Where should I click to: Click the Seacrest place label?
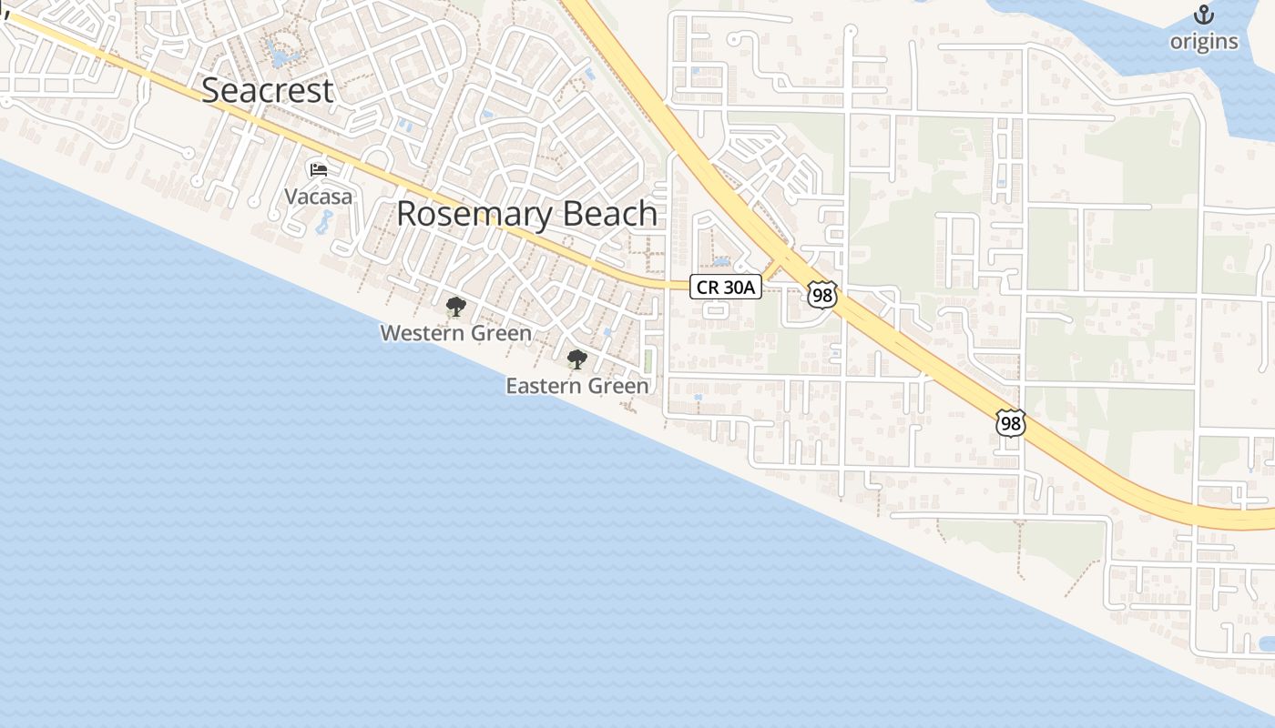tap(268, 91)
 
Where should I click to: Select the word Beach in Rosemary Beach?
tap(609, 214)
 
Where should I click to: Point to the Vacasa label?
tap(318, 196)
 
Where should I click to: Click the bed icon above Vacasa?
tap(318, 169)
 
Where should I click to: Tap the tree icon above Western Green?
tap(455, 307)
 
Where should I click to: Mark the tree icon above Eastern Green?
tap(576, 359)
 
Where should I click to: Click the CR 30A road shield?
tap(725, 288)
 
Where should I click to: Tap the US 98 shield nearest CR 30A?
tap(821, 294)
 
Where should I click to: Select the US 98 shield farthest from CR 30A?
tap(1011, 423)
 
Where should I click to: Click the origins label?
tap(1204, 42)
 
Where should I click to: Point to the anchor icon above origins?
tap(1204, 15)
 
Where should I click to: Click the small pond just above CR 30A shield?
tap(721, 262)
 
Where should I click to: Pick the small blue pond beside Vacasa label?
tap(323, 222)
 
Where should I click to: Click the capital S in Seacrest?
tap(211, 91)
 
